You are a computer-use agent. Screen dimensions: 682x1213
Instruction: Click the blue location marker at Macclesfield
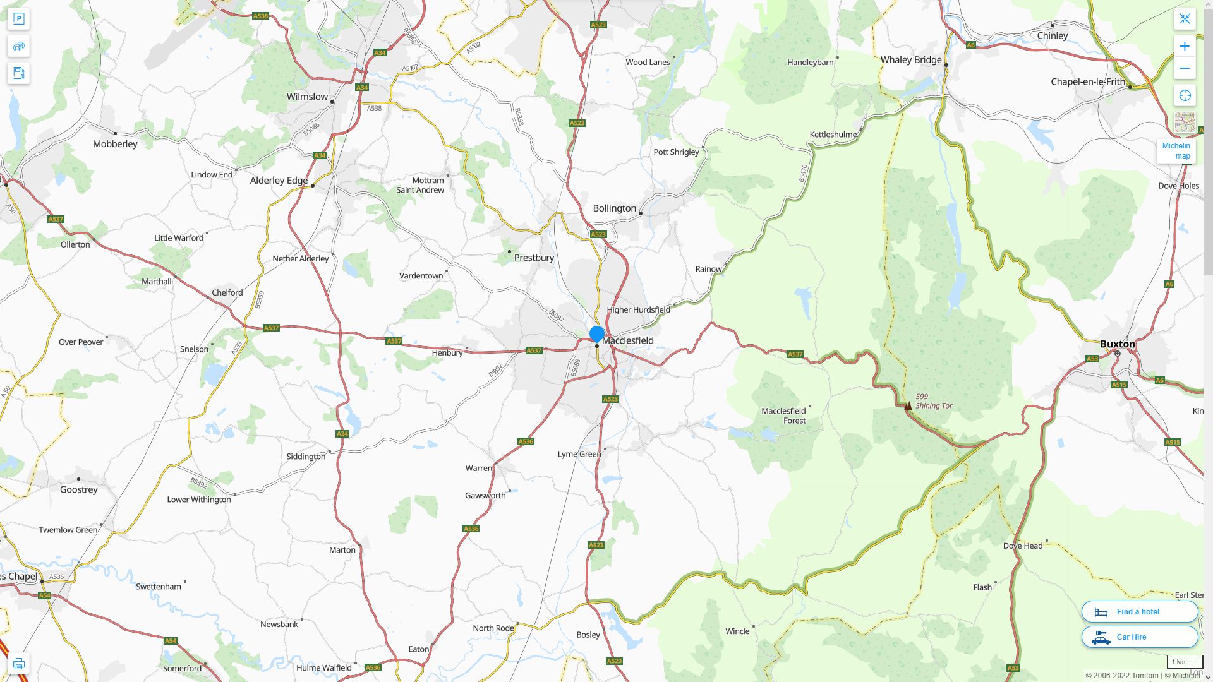pyautogui.click(x=596, y=333)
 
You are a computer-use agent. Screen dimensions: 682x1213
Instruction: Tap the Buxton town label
pyautogui.click(x=1117, y=344)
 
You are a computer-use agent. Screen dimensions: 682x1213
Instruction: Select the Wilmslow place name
pyautogui.click(x=307, y=97)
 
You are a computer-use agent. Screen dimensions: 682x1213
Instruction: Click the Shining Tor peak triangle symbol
pyautogui.click(x=908, y=405)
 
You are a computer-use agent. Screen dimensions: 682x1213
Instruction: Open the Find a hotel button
pyautogui.click(x=1139, y=611)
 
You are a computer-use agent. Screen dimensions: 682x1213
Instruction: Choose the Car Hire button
pyautogui.click(x=1139, y=637)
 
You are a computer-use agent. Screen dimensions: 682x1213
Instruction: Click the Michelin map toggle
pyautogui.click(x=1176, y=150)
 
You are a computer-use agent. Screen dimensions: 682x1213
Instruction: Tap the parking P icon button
pyautogui.click(x=18, y=18)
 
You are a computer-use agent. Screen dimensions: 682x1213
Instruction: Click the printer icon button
pyautogui.click(x=18, y=663)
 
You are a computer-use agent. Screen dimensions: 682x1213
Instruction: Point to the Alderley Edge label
pyautogui.click(x=279, y=181)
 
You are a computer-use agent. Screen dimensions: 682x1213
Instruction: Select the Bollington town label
pyautogui.click(x=614, y=208)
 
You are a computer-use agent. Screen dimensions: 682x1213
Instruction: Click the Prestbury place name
pyautogui.click(x=534, y=258)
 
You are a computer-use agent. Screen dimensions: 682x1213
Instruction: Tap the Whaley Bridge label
pyautogui.click(x=910, y=60)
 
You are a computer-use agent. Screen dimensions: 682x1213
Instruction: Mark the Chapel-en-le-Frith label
pyautogui.click(x=1087, y=82)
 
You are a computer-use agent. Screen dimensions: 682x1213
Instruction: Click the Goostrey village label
pyautogui.click(x=79, y=489)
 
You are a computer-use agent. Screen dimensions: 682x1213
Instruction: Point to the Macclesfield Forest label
pyautogui.click(x=783, y=416)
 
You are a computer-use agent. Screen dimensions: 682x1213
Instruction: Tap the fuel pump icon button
pyautogui.click(x=18, y=73)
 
